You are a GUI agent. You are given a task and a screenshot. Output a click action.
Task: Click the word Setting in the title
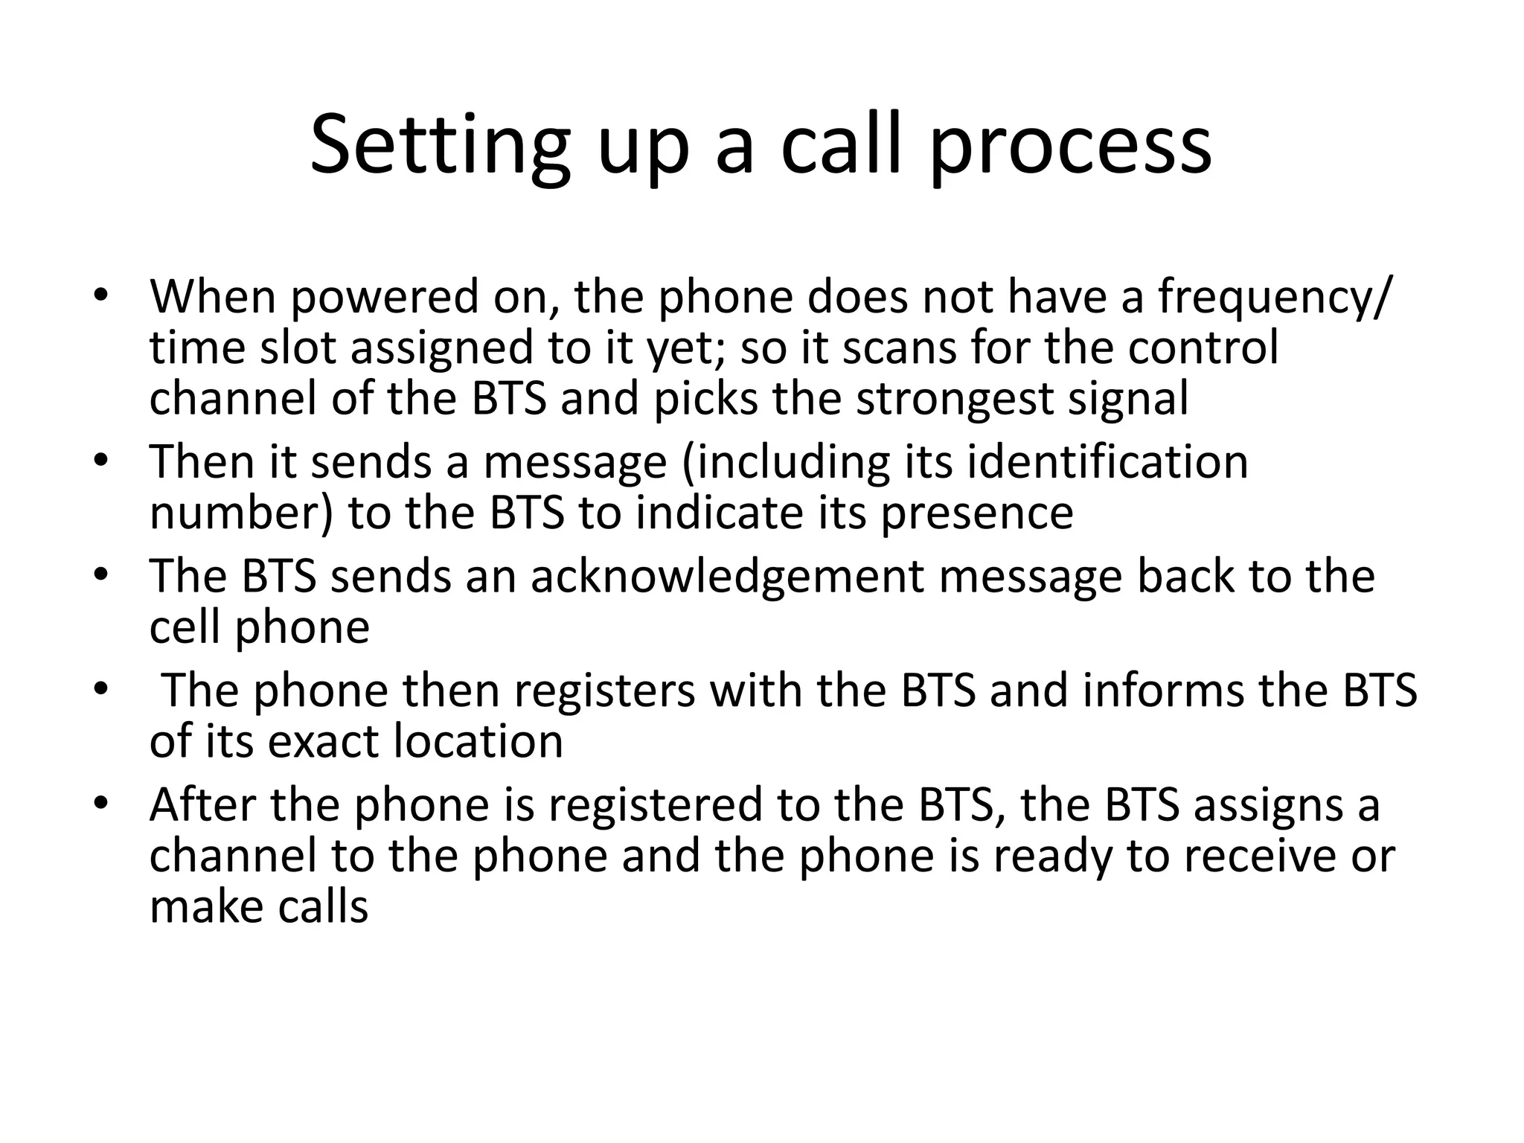[440, 145]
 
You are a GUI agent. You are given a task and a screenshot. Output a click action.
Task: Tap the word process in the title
[1072, 145]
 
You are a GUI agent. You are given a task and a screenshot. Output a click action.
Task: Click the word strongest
[955, 400]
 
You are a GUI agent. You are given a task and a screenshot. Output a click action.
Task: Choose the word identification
[1108, 462]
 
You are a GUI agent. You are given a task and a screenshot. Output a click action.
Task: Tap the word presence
[977, 513]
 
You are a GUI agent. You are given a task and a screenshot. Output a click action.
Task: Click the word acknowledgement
[727, 577]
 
